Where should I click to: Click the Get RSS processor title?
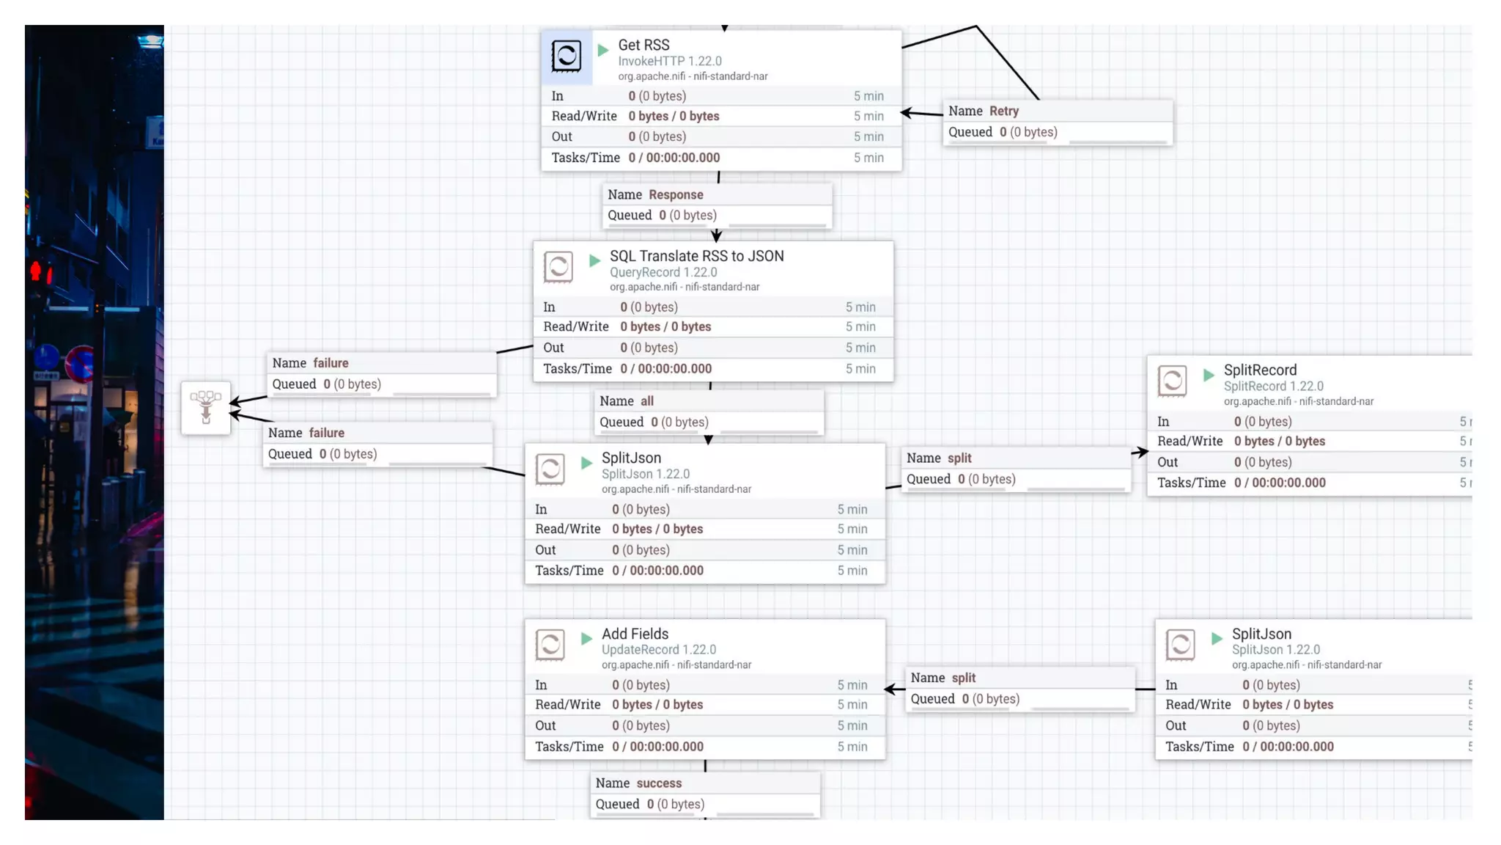[643, 45]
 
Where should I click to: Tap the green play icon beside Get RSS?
[603, 50]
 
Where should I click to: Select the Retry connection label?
[1003, 111]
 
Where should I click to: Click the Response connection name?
[675, 194]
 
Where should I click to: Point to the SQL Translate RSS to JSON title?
[696, 256]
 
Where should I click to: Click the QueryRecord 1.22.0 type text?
[663, 272]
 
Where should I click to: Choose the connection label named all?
[646, 401]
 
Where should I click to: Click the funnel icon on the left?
[206, 407]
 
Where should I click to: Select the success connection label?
[658, 783]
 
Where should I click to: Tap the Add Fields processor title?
[635, 634]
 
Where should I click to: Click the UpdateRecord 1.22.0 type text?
[658, 650]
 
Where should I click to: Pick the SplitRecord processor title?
[1260, 370]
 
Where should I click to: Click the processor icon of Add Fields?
[550, 645]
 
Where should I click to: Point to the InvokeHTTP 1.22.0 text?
[669, 62]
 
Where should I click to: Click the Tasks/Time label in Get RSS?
[585, 158]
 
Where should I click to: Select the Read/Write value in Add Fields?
[657, 705]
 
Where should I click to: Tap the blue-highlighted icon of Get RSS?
[567, 56]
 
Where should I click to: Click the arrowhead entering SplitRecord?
[1141, 452]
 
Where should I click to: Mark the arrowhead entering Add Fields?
[891, 689]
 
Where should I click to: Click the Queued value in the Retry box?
[1028, 132]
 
